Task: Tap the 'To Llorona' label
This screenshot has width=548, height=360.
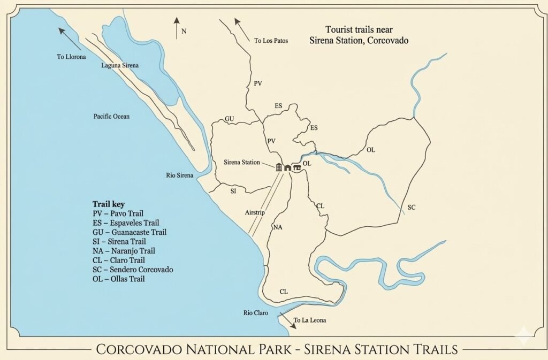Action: pyautogui.click(x=71, y=57)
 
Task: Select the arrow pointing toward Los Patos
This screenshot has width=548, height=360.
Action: pyautogui.click(x=242, y=28)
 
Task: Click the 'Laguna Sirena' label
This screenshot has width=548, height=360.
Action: pyautogui.click(x=120, y=65)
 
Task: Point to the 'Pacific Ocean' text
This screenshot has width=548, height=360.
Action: pyautogui.click(x=111, y=116)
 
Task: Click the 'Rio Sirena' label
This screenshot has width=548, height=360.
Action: pyautogui.click(x=180, y=175)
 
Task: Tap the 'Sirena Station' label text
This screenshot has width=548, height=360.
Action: pyautogui.click(x=241, y=163)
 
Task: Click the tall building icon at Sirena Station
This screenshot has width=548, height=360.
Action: pyautogui.click(x=279, y=167)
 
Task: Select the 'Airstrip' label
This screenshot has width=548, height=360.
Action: pyautogui.click(x=255, y=211)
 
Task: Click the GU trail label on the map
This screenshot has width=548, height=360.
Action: pyautogui.click(x=229, y=119)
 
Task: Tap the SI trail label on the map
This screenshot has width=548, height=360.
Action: pyautogui.click(x=233, y=190)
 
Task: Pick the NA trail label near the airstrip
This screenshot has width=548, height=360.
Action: pyautogui.click(x=277, y=227)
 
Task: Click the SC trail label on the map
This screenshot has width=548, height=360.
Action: pyautogui.click(x=412, y=207)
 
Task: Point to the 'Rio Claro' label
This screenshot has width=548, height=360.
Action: pyautogui.click(x=255, y=313)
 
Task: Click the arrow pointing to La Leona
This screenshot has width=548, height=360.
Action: pyautogui.click(x=293, y=321)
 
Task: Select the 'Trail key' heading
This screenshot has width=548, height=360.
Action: pyautogui.click(x=109, y=204)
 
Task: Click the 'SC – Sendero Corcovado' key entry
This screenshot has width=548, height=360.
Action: pyautogui.click(x=133, y=270)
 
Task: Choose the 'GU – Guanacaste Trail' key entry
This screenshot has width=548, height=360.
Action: pyautogui.click(x=129, y=232)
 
